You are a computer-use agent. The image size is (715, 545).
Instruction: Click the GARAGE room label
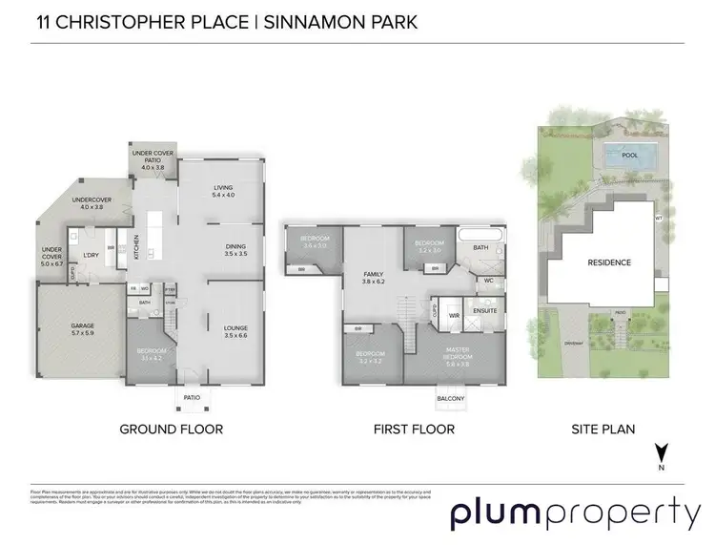click(x=81, y=325)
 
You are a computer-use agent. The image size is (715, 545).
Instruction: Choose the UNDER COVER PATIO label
click(x=153, y=157)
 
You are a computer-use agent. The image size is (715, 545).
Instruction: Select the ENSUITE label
click(x=488, y=309)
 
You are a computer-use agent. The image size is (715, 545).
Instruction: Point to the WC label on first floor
click(x=488, y=282)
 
